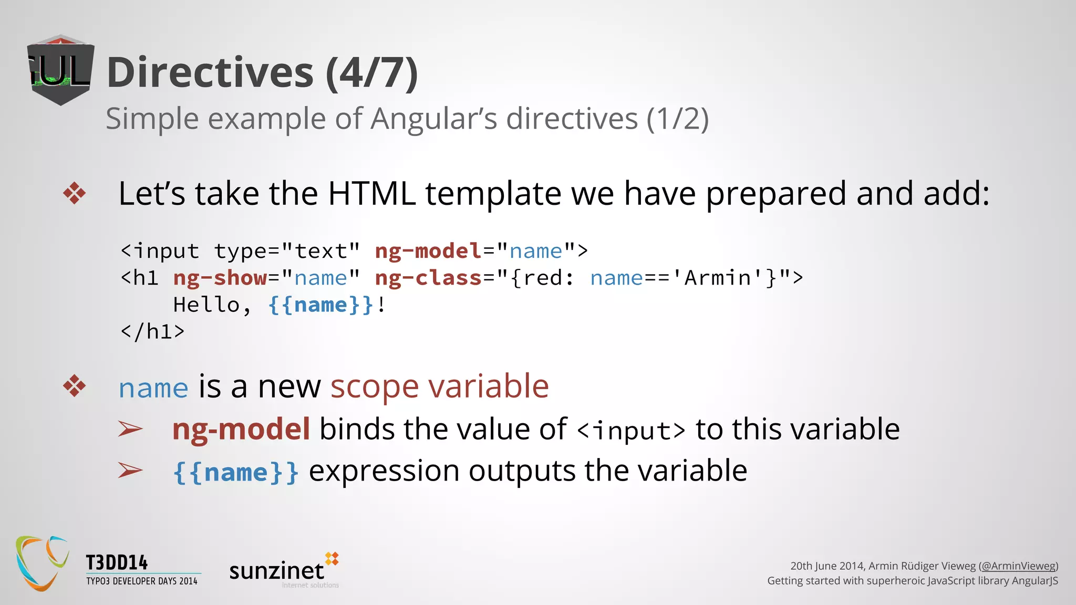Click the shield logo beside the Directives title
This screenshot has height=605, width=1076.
point(60,70)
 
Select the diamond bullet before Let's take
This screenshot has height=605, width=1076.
point(75,193)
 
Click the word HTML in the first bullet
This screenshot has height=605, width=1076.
point(371,193)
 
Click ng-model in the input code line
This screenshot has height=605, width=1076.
point(428,251)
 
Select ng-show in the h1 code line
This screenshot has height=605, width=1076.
point(220,278)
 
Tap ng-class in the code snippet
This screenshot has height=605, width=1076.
point(428,278)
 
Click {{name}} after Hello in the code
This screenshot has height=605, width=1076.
point(320,305)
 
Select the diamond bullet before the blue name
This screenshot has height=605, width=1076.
point(75,387)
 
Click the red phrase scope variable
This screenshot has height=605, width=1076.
point(439,387)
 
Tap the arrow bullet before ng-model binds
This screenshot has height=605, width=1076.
point(130,429)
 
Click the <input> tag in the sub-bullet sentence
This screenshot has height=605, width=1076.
point(631,431)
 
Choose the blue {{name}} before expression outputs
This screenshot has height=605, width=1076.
point(236,472)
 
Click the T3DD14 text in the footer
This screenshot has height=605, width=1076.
point(117,562)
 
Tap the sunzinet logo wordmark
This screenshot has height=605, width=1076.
point(277,571)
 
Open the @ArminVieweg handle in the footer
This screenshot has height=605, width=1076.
point(1018,566)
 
